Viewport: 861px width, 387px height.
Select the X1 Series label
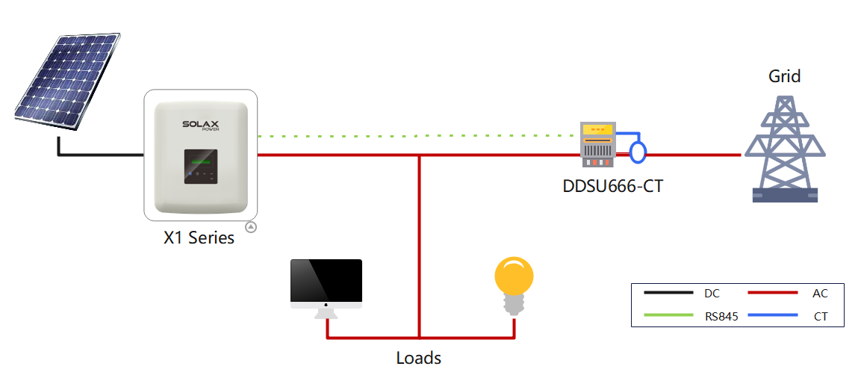pyautogui.click(x=199, y=238)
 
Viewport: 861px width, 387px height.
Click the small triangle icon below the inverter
pyautogui.click(x=252, y=226)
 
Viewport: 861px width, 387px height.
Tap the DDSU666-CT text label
pyautogui.click(x=612, y=186)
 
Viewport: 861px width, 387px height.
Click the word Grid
pyautogui.click(x=784, y=76)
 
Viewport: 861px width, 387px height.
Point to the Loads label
pyautogui.click(x=418, y=358)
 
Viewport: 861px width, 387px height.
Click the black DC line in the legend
pyautogui.click(x=668, y=294)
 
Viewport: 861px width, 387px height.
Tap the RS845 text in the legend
pyautogui.click(x=721, y=317)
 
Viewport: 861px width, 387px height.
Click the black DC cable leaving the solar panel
pyautogui.click(x=97, y=155)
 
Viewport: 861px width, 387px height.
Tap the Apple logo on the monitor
pyautogui.click(x=326, y=305)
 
